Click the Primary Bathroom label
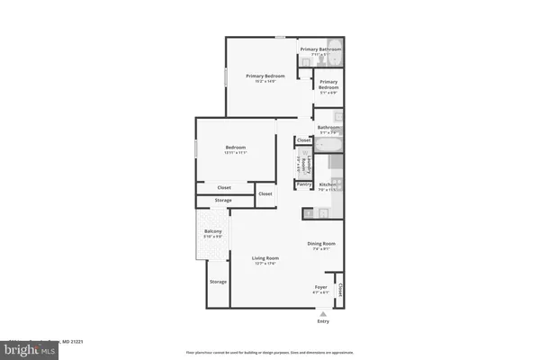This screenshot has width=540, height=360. tap(320, 49)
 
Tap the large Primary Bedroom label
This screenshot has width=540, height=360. tap(266, 76)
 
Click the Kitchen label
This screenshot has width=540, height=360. tap(327, 184)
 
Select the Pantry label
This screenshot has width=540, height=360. tap(303, 184)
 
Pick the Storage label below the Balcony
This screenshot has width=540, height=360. tap(218, 282)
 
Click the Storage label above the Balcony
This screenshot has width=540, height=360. tap(223, 200)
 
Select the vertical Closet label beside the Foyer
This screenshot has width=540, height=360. tap(340, 291)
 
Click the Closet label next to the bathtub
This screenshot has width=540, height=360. tap(303, 140)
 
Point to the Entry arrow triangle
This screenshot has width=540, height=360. tap(322, 311)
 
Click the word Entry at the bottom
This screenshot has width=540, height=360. tap(323, 319)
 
